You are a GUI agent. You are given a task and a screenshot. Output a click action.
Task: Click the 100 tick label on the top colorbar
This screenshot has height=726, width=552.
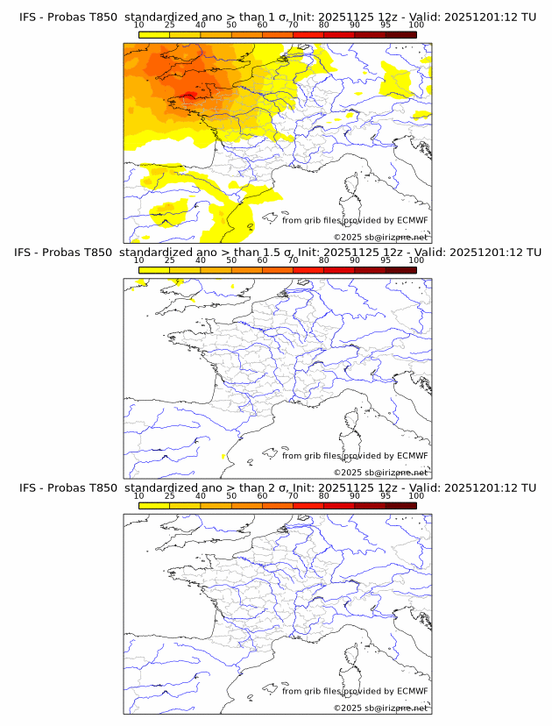point(416,25)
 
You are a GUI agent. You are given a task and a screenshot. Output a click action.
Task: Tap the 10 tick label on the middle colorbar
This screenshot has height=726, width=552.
point(139,260)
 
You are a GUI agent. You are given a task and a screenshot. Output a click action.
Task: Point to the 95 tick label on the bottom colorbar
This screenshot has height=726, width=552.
point(386,495)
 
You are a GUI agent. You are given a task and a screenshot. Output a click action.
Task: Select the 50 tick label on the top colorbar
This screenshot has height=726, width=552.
point(231,25)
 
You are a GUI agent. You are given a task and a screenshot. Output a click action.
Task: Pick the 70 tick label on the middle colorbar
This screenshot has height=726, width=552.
point(293,260)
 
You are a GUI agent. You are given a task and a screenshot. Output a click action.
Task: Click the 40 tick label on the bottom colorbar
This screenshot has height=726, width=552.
point(201,495)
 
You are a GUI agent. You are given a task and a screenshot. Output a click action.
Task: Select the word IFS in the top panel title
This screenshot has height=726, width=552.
point(28,17)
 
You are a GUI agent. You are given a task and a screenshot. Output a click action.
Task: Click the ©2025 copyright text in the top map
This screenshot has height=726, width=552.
point(347,238)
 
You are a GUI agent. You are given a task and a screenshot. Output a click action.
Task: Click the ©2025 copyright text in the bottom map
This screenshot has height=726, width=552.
point(347,708)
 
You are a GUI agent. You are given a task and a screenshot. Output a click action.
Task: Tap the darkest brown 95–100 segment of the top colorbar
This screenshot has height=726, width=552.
point(400,34)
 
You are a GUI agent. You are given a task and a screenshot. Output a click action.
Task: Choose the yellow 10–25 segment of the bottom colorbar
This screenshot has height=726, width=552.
point(154,504)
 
